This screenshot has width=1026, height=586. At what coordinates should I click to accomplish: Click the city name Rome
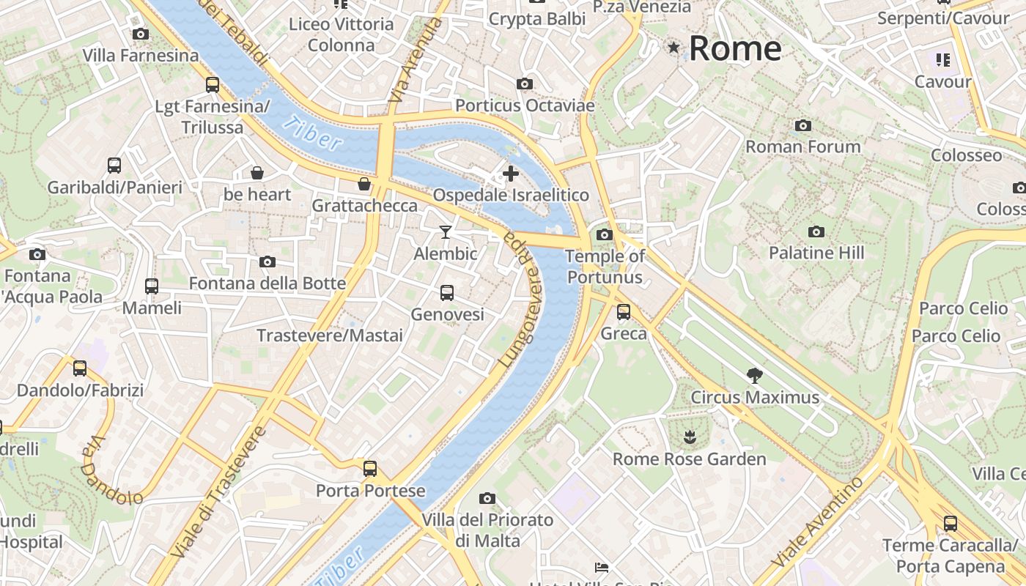click(x=735, y=48)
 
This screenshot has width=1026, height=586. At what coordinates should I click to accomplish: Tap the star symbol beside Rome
click(x=673, y=48)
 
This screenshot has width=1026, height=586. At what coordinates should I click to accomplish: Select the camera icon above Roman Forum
click(x=803, y=126)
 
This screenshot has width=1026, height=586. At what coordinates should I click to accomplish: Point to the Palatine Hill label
click(x=816, y=253)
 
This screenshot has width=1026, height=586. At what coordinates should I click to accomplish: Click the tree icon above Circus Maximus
click(x=754, y=376)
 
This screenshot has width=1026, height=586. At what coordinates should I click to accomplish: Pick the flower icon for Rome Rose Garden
click(x=689, y=438)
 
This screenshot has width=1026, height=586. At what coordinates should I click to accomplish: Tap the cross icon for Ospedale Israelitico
click(x=511, y=174)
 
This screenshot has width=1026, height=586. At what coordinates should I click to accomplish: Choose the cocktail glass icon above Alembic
click(x=445, y=232)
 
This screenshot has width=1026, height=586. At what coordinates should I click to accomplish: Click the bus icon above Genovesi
click(x=447, y=293)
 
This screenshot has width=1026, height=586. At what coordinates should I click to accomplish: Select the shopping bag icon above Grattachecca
click(x=363, y=183)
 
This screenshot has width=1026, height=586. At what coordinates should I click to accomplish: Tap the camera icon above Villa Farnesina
click(x=140, y=34)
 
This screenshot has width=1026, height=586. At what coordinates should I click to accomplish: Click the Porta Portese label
click(x=370, y=490)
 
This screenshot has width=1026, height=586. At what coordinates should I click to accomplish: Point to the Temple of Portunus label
click(x=605, y=267)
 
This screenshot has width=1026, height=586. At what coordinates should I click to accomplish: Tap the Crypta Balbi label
click(x=536, y=19)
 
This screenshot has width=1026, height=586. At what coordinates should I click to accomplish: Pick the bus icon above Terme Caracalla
click(x=951, y=523)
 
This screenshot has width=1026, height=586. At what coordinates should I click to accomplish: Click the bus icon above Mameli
click(x=152, y=286)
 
